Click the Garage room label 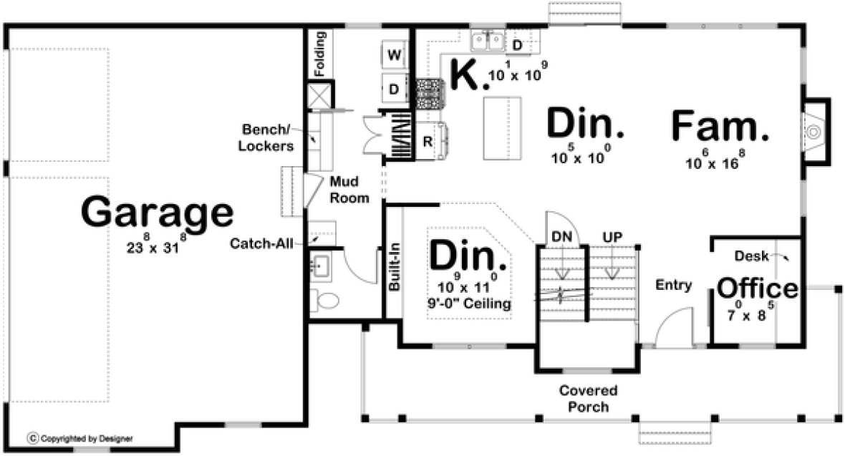[x=157, y=213]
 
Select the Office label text [x=757, y=288]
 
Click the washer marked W [x=394, y=54]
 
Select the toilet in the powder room [x=327, y=301]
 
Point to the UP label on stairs [x=612, y=236]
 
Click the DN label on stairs [x=561, y=236]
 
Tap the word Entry [x=674, y=286]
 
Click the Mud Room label [x=349, y=190]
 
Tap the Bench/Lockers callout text [x=268, y=139]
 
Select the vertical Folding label [x=319, y=54]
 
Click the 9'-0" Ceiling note [x=469, y=304]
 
